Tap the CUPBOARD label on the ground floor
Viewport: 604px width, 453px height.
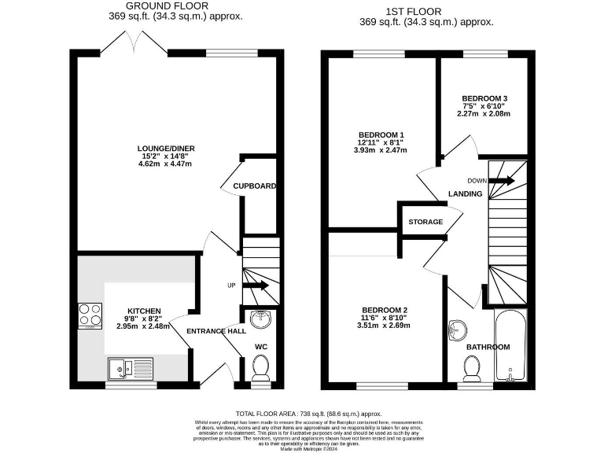click(254, 186)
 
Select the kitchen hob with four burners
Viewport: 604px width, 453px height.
click(90, 315)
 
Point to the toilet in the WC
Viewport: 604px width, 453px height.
click(261, 366)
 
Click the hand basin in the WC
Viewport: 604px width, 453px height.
click(260, 319)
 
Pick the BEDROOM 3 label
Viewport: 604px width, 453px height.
click(484, 99)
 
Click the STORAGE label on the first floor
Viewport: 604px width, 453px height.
click(425, 222)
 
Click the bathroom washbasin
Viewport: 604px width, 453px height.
click(458, 330)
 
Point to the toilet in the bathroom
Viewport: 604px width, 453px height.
click(473, 366)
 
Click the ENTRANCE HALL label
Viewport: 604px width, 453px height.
click(216, 331)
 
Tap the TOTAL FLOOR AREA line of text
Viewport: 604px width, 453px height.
click(308, 414)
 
